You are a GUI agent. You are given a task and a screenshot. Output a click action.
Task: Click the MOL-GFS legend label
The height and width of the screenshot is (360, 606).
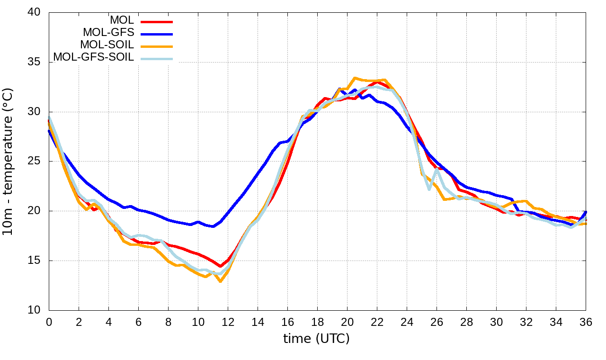(108, 33)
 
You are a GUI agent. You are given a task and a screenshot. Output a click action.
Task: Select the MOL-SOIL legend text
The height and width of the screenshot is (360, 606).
(107, 45)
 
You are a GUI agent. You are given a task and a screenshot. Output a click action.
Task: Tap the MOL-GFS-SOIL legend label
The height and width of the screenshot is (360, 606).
(94, 57)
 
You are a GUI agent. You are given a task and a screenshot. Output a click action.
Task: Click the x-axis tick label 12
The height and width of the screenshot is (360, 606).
(228, 322)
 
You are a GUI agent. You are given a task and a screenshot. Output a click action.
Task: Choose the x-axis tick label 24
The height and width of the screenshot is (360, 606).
(407, 322)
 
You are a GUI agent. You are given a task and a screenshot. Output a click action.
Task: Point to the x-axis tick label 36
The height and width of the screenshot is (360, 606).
(586, 322)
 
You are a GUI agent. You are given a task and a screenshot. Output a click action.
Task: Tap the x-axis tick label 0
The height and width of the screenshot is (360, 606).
(49, 322)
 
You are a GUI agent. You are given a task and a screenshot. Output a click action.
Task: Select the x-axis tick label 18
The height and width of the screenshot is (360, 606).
(317, 322)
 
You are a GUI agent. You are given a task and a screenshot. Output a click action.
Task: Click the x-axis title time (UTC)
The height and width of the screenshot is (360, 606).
(316, 339)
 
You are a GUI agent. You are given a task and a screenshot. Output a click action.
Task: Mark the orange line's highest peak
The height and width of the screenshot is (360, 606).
(355, 78)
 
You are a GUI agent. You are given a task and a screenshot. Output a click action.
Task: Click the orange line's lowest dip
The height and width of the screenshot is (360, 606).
(220, 281)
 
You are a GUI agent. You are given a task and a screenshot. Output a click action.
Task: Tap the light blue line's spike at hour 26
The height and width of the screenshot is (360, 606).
(437, 169)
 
